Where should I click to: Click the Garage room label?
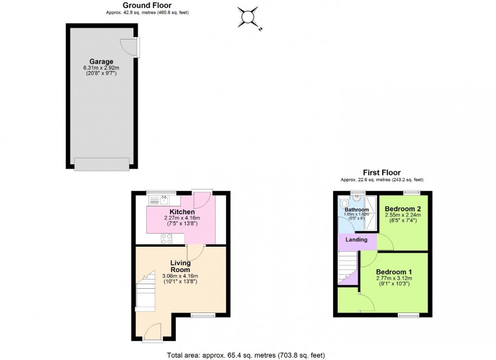(101, 62)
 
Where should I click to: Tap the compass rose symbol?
(249, 17)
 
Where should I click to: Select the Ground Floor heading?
(147, 6)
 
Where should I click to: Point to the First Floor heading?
(382, 172)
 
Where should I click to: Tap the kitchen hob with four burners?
(167, 239)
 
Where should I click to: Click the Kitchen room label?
(182, 212)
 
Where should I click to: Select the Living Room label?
(181, 266)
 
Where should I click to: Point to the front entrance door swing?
(153, 332)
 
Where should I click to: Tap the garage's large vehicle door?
(102, 164)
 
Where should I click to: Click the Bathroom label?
(357, 209)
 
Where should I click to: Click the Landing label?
(356, 240)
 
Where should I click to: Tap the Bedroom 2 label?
(403, 209)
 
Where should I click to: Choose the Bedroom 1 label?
(394, 272)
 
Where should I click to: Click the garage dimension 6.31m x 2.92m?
(101, 68)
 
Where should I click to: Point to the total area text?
(246, 355)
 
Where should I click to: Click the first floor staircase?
(348, 267)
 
